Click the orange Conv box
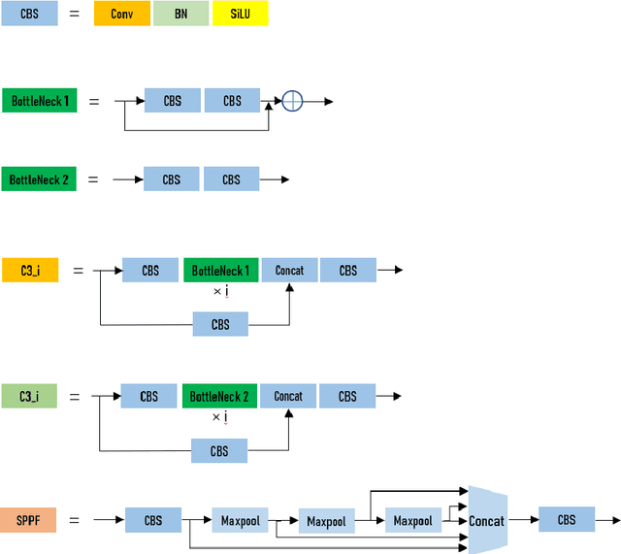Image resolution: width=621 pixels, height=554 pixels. pyautogui.click(x=122, y=15)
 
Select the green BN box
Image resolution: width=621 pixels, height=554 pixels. pyautogui.click(x=180, y=15)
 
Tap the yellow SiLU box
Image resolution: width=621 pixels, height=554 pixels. pyautogui.click(x=240, y=15)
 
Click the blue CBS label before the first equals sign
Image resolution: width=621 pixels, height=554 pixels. pyautogui.click(x=29, y=15)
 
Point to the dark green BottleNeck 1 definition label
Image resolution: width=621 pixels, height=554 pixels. pyautogui.click(x=40, y=100)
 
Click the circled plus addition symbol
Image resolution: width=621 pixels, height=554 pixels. pyautogui.click(x=292, y=101)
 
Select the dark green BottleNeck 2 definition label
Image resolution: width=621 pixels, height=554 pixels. pyautogui.click(x=39, y=179)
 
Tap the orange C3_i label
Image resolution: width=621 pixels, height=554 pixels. pyautogui.click(x=29, y=271)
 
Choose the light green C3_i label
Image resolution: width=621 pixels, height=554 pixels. pyautogui.click(x=29, y=396)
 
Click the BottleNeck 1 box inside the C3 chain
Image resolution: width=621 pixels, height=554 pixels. pyautogui.click(x=220, y=271)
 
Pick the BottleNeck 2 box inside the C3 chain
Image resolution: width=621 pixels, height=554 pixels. pyautogui.click(x=219, y=396)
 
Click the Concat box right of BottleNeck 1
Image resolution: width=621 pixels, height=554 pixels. pyautogui.click(x=289, y=271)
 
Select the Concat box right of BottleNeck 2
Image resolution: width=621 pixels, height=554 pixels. pyautogui.click(x=288, y=396)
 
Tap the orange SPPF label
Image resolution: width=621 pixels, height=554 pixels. pyautogui.click(x=28, y=520)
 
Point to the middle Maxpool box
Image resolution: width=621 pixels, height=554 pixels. pyautogui.click(x=327, y=522)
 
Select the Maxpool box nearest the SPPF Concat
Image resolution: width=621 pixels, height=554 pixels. pyautogui.click(x=413, y=520)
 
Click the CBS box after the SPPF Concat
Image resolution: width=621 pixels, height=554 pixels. pyautogui.click(x=567, y=520)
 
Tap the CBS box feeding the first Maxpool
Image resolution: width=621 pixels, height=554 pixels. pyautogui.click(x=153, y=520)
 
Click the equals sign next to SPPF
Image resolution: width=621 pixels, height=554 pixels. pyautogui.click(x=74, y=520)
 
